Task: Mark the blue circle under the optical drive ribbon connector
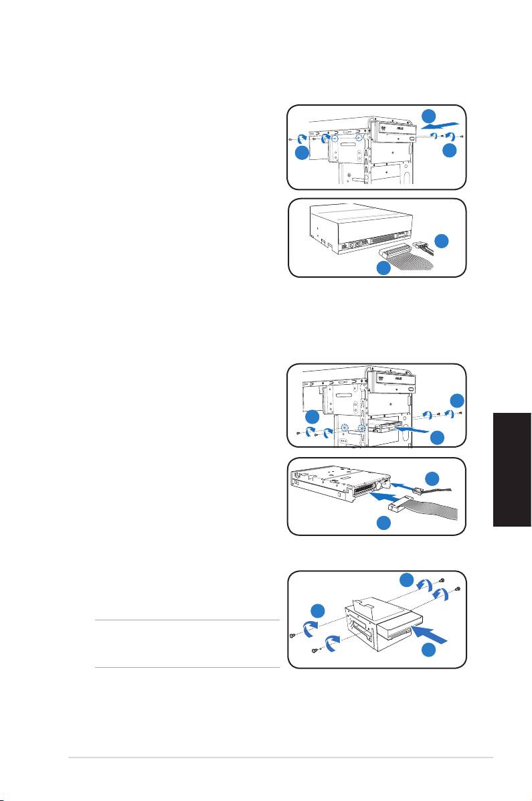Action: (383, 269)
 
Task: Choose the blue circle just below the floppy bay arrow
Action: (438, 438)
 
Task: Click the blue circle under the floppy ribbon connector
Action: (384, 524)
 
